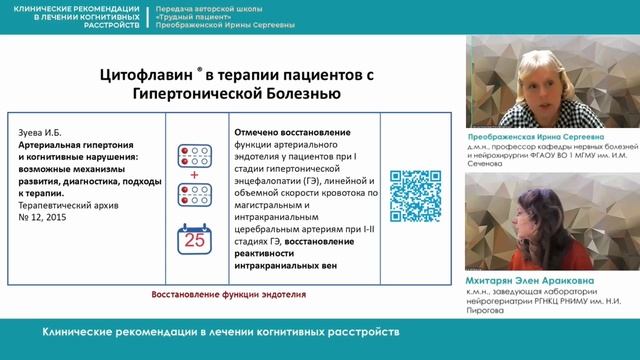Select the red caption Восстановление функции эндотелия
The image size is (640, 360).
click(228, 295)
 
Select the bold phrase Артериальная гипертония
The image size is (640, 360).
click(75, 144)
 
